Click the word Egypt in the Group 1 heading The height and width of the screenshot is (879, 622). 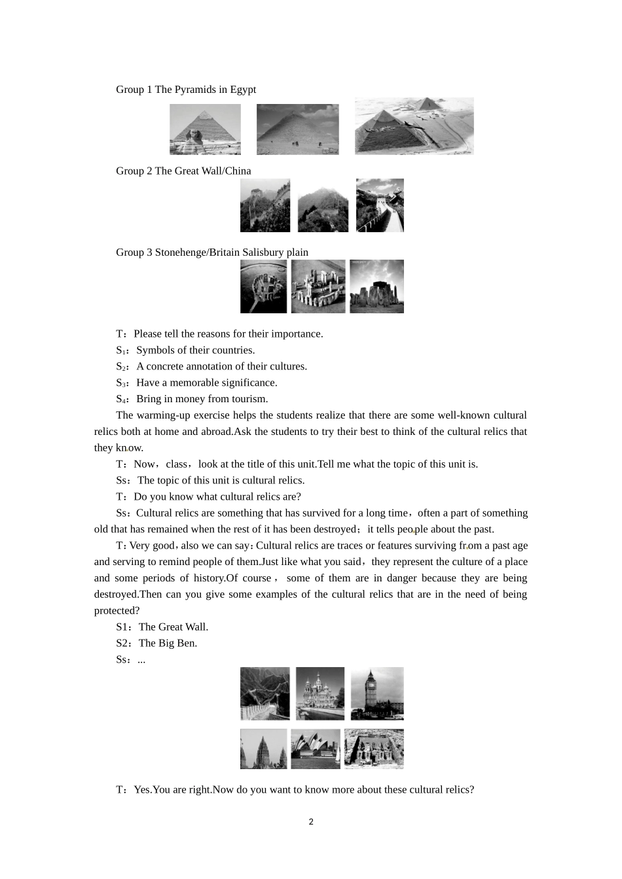tap(243, 90)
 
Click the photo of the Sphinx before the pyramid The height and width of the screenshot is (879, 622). tap(205, 129)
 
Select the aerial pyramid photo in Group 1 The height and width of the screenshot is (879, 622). tap(414, 126)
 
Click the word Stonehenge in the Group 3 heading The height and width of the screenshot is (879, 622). tap(181, 252)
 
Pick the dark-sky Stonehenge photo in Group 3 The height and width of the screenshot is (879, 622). tap(376, 286)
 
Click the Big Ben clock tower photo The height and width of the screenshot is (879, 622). tap(376, 694)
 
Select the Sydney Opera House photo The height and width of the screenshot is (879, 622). tap(316, 749)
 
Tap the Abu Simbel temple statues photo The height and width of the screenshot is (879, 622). tap(374, 749)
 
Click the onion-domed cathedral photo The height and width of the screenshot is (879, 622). tap(320, 694)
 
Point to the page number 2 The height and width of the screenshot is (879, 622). tap(311, 822)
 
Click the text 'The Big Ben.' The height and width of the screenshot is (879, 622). tap(168, 644)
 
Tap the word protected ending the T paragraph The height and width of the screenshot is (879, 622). tap(117, 611)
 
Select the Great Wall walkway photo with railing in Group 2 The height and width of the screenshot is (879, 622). tap(380, 205)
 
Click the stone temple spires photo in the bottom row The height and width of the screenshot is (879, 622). tap(264, 749)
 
